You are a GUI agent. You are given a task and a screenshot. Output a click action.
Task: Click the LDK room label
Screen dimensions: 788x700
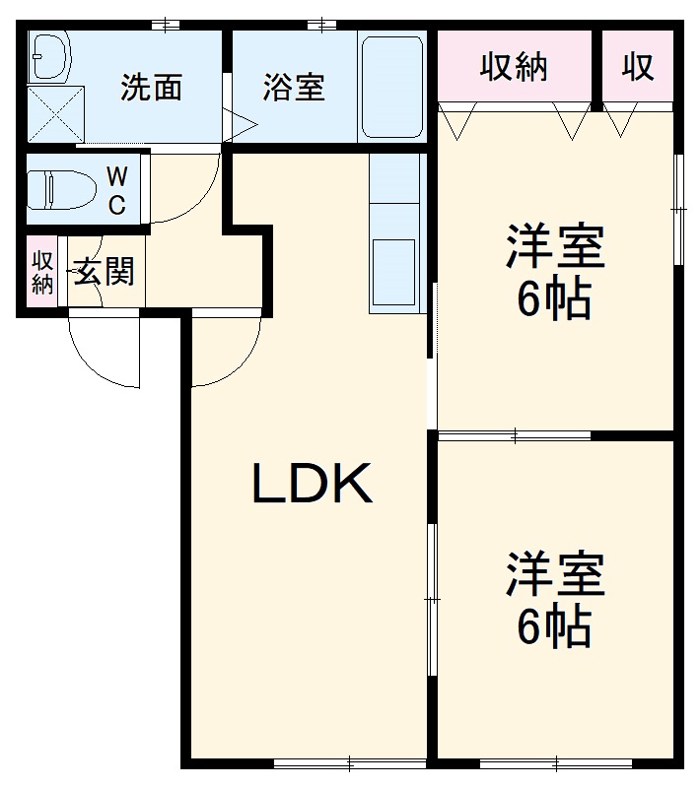[313, 484]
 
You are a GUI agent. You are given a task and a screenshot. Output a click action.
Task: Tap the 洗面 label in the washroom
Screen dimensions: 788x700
[152, 88]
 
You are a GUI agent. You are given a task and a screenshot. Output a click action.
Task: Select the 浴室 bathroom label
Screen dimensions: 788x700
[293, 88]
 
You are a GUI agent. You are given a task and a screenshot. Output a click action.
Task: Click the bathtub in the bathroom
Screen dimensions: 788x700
[391, 88]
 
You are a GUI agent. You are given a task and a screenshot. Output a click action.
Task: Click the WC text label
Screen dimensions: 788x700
[116, 191]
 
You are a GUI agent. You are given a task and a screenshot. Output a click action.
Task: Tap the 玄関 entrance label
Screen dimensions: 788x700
[104, 271]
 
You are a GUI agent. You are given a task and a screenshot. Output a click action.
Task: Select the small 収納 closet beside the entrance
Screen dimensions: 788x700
[41, 272]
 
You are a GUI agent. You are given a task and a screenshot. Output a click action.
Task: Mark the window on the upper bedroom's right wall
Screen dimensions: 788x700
[678, 209]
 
